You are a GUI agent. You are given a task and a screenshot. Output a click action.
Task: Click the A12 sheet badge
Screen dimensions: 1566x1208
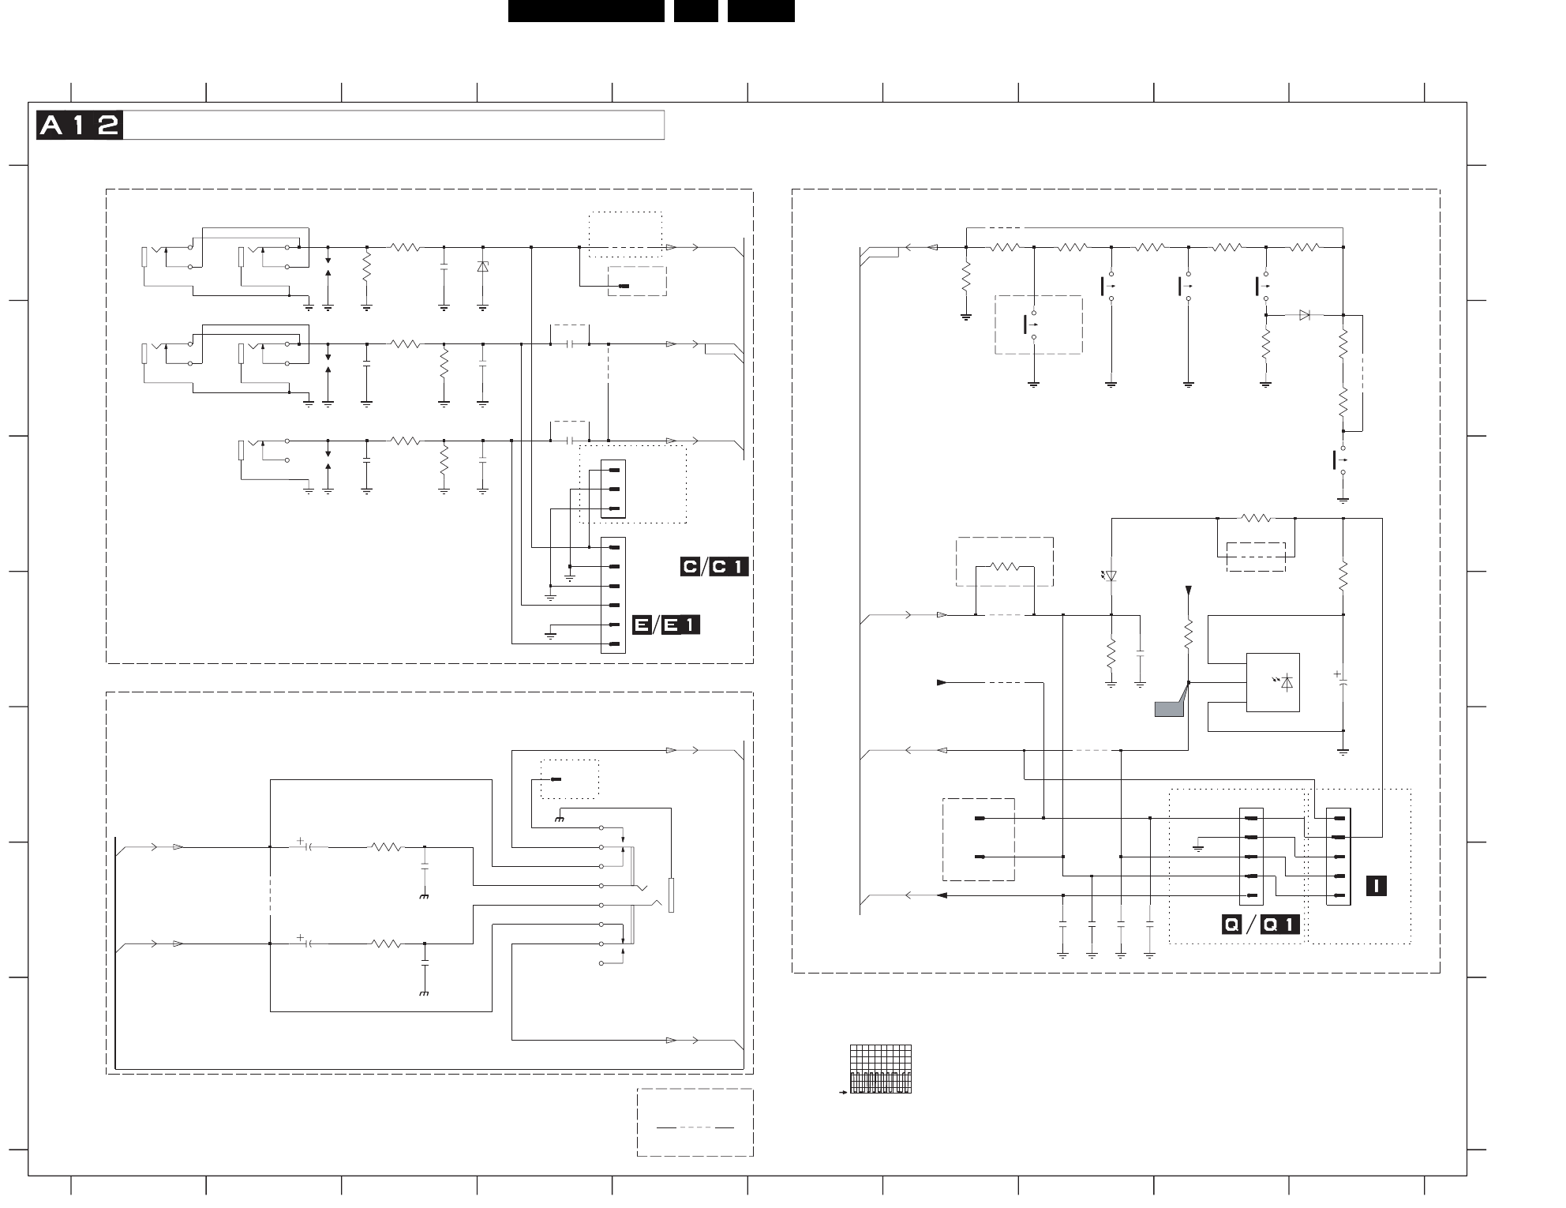click(x=79, y=126)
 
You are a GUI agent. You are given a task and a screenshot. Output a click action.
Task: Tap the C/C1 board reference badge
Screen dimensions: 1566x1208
click(x=714, y=567)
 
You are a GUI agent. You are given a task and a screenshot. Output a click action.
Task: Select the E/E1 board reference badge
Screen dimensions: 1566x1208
click(x=666, y=625)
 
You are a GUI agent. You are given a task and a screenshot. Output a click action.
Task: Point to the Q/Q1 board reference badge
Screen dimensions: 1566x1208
click(x=1260, y=925)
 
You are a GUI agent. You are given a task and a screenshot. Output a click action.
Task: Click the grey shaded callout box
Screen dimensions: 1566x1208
click(x=1169, y=708)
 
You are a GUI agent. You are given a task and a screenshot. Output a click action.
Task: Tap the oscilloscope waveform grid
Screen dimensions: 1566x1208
click(x=881, y=1069)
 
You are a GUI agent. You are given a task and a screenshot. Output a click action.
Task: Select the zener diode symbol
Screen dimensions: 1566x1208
click(x=482, y=268)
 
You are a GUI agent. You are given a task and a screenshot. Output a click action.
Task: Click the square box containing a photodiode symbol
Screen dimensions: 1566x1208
click(x=1272, y=682)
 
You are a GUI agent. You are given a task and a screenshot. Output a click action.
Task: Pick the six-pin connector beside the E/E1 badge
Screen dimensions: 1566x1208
click(x=613, y=595)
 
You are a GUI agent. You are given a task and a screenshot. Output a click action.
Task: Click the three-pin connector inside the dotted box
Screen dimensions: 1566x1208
click(x=613, y=490)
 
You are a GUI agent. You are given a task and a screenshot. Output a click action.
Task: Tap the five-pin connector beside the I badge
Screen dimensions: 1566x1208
click(x=1338, y=857)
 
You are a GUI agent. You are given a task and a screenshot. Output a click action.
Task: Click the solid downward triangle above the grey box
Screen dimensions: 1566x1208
click(x=1189, y=590)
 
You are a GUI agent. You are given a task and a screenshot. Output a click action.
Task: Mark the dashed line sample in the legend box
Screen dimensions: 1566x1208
click(x=695, y=1127)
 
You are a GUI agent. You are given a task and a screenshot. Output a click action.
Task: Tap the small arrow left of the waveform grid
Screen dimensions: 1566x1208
click(x=843, y=1093)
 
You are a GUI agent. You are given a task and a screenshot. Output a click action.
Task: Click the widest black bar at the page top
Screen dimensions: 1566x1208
click(x=586, y=11)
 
